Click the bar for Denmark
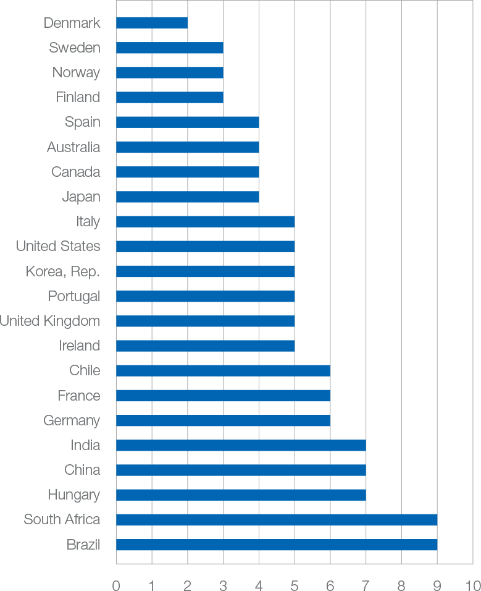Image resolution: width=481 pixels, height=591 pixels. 151,23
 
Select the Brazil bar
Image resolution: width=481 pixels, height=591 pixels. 276,545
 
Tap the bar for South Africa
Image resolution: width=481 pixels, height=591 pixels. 276,520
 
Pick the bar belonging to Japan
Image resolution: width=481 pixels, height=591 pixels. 187,197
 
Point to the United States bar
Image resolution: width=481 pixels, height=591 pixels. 205,246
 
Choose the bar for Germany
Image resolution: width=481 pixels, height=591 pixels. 223,420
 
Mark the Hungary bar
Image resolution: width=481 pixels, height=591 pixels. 241,495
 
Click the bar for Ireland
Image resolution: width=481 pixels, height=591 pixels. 205,346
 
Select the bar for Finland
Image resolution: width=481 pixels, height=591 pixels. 169,97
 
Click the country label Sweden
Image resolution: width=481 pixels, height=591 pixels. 74,48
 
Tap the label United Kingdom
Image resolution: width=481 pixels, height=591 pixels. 50,321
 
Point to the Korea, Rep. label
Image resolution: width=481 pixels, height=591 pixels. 62,271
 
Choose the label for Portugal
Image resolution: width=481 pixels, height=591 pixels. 73,296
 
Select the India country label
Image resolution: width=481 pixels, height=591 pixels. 85,445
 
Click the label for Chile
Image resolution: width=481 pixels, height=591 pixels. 85,370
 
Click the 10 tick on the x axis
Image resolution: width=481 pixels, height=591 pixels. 472,582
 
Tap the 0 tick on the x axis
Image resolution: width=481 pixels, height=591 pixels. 116,582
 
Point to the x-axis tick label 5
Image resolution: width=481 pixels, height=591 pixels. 295,582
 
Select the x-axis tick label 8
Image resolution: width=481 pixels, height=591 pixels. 401,582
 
